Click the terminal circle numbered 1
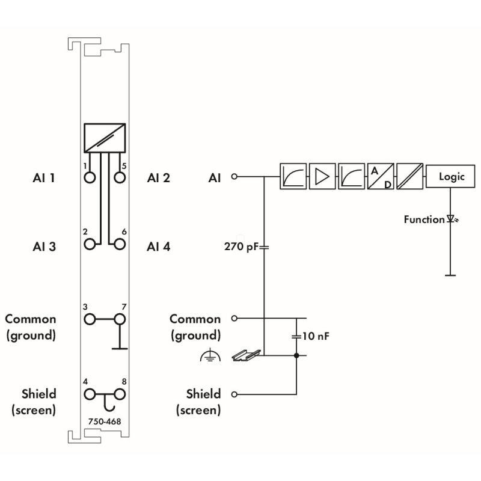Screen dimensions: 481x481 click(90, 177)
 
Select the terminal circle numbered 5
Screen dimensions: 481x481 click(120, 177)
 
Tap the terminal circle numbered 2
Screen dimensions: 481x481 click(90, 245)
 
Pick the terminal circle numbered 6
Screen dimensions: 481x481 click(120, 245)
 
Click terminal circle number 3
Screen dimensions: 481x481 click(90, 319)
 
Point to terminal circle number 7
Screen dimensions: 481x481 click(120, 319)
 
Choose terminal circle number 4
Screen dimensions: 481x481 click(90, 394)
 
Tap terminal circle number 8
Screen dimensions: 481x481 click(120, 394)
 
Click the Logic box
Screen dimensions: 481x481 click(450, 176)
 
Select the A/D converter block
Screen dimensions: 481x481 click(381, 176)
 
